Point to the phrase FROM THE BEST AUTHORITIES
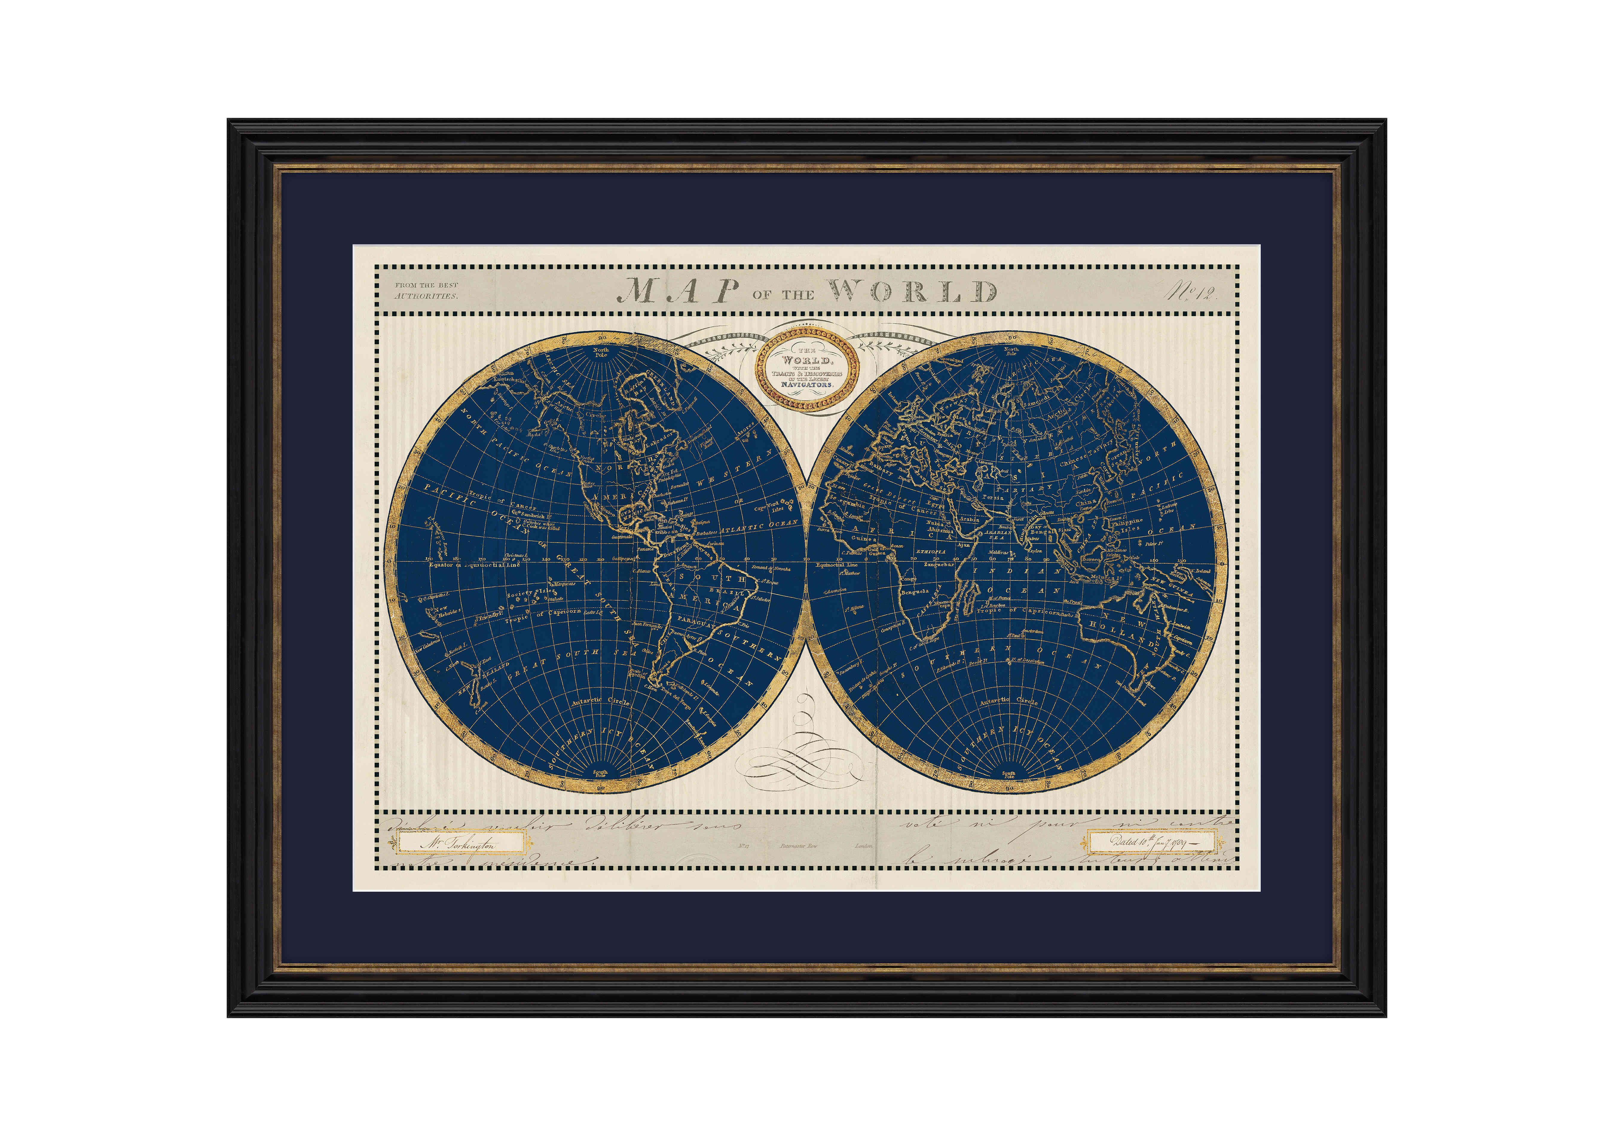pyautogui.click(x=426, y=290)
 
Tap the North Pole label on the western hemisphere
pyautogui.click(x=601, y=352)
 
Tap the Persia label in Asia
pyautogui.click(x=993, y=497)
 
